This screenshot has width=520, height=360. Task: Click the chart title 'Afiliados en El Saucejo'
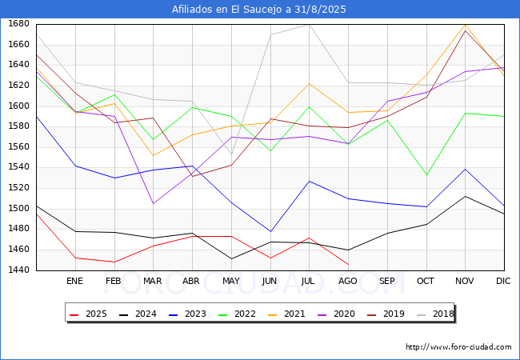click(259, 9)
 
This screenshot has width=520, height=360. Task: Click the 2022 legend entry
click(238, 314)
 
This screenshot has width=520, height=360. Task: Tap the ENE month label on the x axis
click(74, 281)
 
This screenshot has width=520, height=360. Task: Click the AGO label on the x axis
click(348, 281)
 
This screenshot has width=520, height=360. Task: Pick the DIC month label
click(503, 281)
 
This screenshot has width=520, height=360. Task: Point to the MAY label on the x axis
click(231, 281)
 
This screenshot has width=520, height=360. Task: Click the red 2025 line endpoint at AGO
click(348, 264)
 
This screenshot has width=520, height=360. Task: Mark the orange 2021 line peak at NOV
click(465, 25)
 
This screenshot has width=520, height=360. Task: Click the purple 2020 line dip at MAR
click(153, 203)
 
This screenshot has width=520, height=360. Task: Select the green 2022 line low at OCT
click(426, 174)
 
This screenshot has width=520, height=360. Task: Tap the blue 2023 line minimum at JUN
click(270, 231)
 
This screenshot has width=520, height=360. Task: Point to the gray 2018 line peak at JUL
click(309, 24)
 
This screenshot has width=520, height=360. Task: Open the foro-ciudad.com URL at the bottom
click(458, 347)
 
